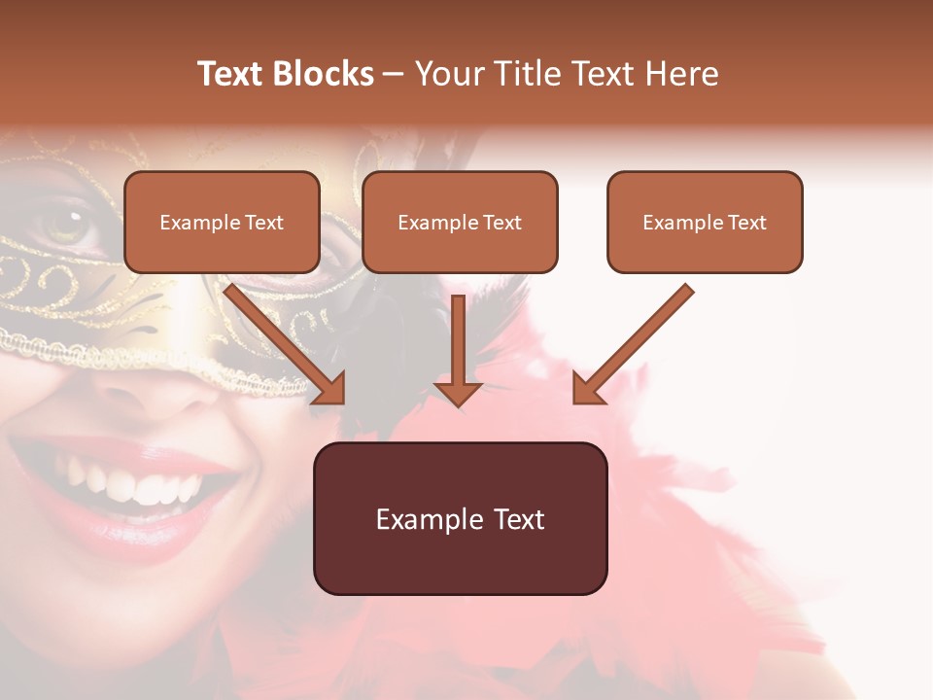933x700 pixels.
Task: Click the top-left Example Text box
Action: pos(222,222)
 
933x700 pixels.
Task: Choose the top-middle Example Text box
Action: pos(460,222)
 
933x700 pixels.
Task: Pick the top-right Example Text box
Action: pos(705,222)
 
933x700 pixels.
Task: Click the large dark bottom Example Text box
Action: pos(460,518)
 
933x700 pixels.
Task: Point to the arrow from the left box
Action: pos(282,340)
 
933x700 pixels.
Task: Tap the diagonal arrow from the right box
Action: pos(637,340)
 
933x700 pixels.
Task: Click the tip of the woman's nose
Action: pos(141,389)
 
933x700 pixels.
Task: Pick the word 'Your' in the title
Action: pos(450,74)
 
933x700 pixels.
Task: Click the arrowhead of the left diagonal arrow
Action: pos(330,389)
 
